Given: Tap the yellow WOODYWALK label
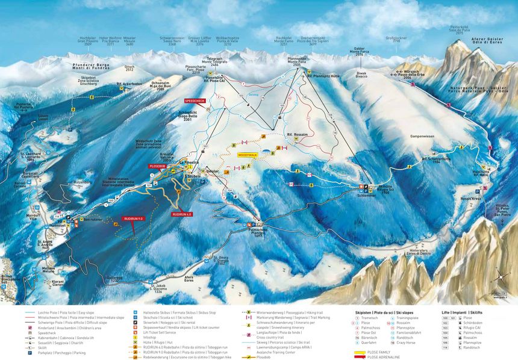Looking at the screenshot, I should coord(247,155).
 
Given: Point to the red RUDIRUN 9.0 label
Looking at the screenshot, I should coord(133,219).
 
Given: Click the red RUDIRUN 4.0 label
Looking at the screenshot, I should coord(182,214).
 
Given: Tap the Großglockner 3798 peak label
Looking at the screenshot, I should coord(393,40).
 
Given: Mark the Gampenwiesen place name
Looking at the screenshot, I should coord(422,137).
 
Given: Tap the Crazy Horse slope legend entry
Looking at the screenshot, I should coord(405,343).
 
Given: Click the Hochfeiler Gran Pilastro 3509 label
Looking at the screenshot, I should coord(88,41).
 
